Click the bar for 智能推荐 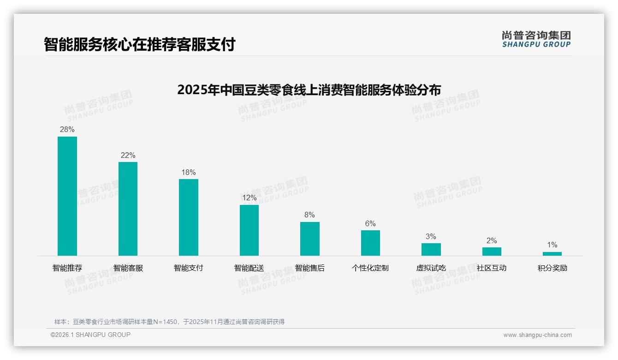click(x=67, y=196)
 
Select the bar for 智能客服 click(x=128, y=209)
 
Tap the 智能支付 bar click(x=189, y=217)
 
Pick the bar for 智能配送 click(x=249, y=230)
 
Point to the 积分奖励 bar click(x=552, y=253)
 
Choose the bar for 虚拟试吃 click(x=431, y=249)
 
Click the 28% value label click(x=67, y=129)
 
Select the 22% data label click(x=128, y=155)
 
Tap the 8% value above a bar click(x=309, y=215)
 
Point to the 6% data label click(x=370, y=223)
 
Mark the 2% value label click(x=492, y=240)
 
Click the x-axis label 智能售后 click(x=309, y=268)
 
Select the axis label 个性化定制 click(x=370, y=268)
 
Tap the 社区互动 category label click(x=492, y=268)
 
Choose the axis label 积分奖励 click(x=552, y=268)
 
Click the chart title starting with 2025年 click(x=309, y=90)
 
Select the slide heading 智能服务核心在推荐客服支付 click(x=139, y=44)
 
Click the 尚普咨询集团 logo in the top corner click(x=536, y=39)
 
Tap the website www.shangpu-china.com click(x=537, y=335)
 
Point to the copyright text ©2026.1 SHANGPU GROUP click(x=90, y=335)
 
